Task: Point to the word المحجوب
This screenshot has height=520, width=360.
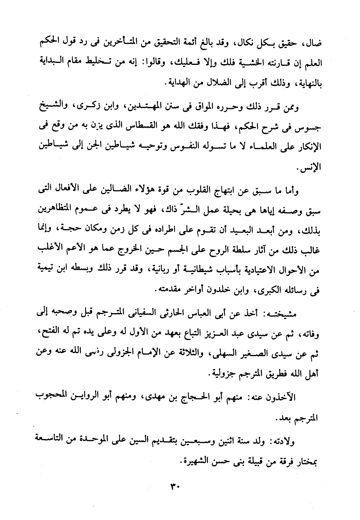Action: click(x=49, y=398)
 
